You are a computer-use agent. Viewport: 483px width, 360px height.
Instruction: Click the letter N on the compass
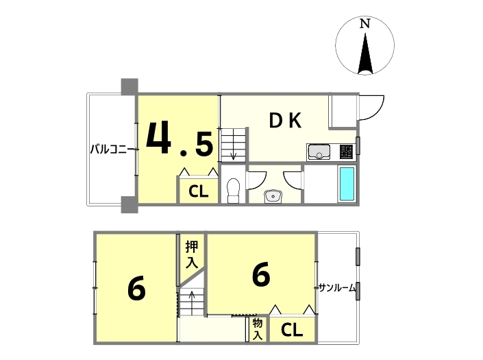365,24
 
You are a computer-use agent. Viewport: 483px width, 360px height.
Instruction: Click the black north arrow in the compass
365,53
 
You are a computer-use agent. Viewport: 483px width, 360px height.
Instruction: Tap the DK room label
285,121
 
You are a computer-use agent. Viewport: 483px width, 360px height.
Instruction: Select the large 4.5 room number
179,138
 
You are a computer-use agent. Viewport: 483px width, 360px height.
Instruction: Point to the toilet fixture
233,191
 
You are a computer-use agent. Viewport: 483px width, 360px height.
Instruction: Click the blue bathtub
347,184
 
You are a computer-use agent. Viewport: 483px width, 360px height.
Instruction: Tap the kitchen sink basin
319,152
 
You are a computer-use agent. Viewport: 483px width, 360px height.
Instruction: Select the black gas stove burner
346,152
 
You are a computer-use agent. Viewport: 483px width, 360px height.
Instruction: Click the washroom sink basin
272,197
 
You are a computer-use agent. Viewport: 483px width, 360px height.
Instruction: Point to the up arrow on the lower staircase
192,300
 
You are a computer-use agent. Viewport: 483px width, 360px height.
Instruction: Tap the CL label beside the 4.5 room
199,191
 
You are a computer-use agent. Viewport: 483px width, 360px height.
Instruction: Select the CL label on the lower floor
292,330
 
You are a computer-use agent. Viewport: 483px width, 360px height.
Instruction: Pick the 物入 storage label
258,329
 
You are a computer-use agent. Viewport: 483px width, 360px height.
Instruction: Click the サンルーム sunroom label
337,288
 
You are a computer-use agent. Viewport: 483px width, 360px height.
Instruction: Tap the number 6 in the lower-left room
136,289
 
